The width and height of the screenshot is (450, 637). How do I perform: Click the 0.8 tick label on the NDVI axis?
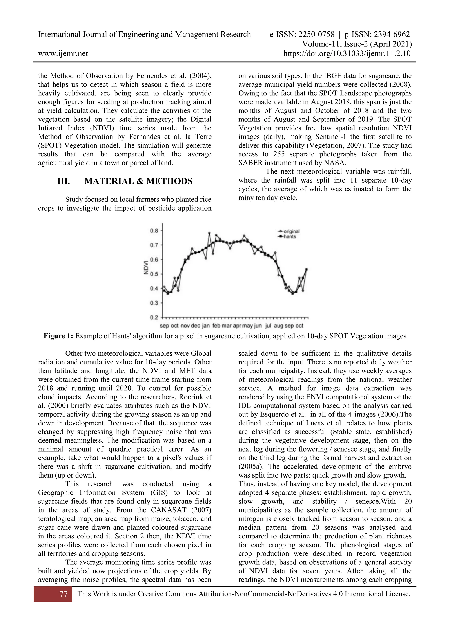coord(154,231)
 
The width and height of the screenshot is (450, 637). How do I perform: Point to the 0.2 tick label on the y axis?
coord(154,317)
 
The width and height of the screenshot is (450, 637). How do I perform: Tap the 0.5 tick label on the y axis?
coord(154,274)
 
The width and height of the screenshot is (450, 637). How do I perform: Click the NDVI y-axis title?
coord(146,267)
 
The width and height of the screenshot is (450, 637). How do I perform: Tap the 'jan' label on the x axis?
coord(206,326)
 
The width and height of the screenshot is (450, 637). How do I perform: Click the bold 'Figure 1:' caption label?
coord(58,336)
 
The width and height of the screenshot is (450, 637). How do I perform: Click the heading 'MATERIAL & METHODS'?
coord(138,181)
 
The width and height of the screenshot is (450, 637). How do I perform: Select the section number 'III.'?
coord(64,181)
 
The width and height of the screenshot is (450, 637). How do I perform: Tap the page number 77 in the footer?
coord(64,594)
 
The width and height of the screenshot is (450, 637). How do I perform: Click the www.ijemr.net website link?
coord(63,53)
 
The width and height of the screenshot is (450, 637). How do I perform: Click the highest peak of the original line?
coord(209,233)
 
